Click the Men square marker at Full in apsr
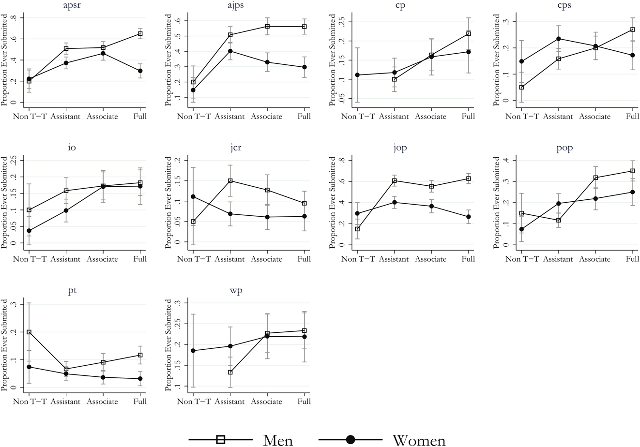140,34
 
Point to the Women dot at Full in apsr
140,71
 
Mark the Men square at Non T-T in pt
29,332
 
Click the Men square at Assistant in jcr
230,181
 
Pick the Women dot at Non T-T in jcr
193,197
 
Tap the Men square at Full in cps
632,30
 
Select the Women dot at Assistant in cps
558,39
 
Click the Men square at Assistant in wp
230,372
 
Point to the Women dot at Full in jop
468,217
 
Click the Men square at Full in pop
632,171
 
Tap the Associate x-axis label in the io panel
103,259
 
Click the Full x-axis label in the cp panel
468,117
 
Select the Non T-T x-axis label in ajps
193,117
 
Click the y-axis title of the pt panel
4,345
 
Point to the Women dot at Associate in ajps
267,62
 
